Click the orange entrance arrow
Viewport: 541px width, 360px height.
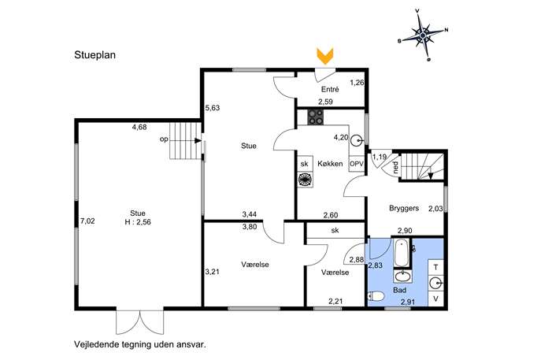coord(325,56)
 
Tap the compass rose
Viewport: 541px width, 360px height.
coord(423,35)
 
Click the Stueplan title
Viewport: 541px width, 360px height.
coord(94,55)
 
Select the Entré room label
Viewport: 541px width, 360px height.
coord(330,89)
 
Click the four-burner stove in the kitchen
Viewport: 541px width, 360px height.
coord(316,117)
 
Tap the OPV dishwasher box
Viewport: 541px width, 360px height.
coord(357,164)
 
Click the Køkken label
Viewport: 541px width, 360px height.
coord(330,164)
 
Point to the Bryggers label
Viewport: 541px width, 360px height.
coord(404,208)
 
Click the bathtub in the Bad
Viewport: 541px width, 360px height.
coord(402,254)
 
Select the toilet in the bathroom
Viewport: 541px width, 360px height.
coord(376,296)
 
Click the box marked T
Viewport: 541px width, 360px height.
coord(435,267)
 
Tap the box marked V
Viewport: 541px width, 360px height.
coord(435,299)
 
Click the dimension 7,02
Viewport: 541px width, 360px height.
coord(87,221)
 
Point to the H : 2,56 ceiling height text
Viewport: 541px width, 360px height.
coord(138,222)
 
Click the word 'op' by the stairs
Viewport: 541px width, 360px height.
coord(164,139)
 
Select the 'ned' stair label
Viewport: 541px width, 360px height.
coord(395,168)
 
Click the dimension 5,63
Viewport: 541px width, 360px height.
coord(213,108)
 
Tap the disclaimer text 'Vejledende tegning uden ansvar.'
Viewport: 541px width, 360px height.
coord(140,344)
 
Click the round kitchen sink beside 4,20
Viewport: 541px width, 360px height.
coord(357,140)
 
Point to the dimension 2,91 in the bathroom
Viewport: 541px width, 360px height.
coord(408,302)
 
